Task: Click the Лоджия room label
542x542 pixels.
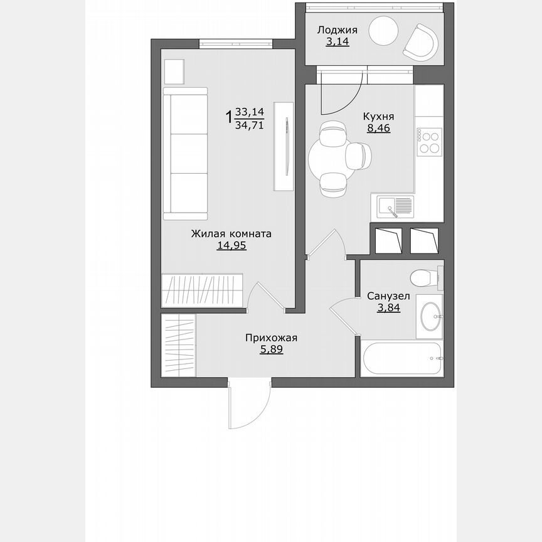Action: point(337,30)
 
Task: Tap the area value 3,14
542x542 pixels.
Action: point(337,42)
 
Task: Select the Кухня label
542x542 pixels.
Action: point(379,117)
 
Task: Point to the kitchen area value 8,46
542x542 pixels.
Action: point(379,130)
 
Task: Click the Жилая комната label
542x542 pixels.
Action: point(231,234)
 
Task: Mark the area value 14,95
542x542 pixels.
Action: point(231,246)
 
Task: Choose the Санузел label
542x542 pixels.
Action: point(389,295)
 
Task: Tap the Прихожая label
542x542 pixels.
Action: point(271,338)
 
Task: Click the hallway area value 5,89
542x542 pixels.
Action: point(271,350)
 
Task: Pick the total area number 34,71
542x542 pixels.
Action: point(249,125)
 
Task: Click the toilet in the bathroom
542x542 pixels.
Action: point(423,276)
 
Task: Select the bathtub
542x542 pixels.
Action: point(403,359)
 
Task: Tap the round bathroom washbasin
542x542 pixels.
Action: point(430,317)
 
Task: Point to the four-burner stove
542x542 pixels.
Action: point(430,141)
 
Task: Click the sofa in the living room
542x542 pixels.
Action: point(185,153)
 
